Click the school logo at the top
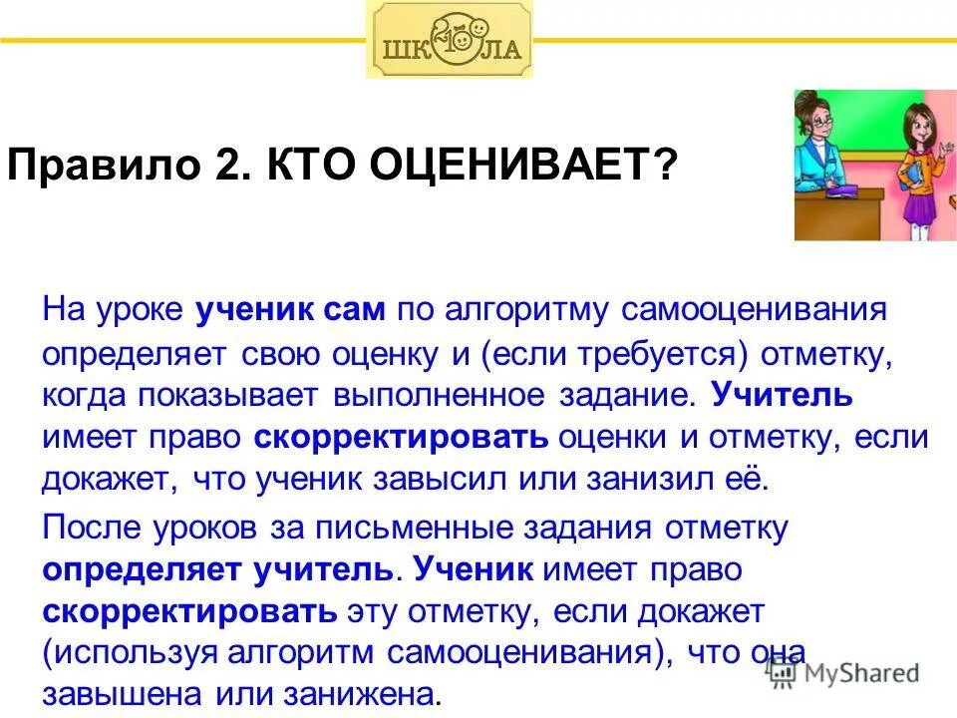coord(450,41)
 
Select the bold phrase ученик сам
coord(290,309)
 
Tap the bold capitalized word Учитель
coord(783,395)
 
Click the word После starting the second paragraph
coord(90,528)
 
